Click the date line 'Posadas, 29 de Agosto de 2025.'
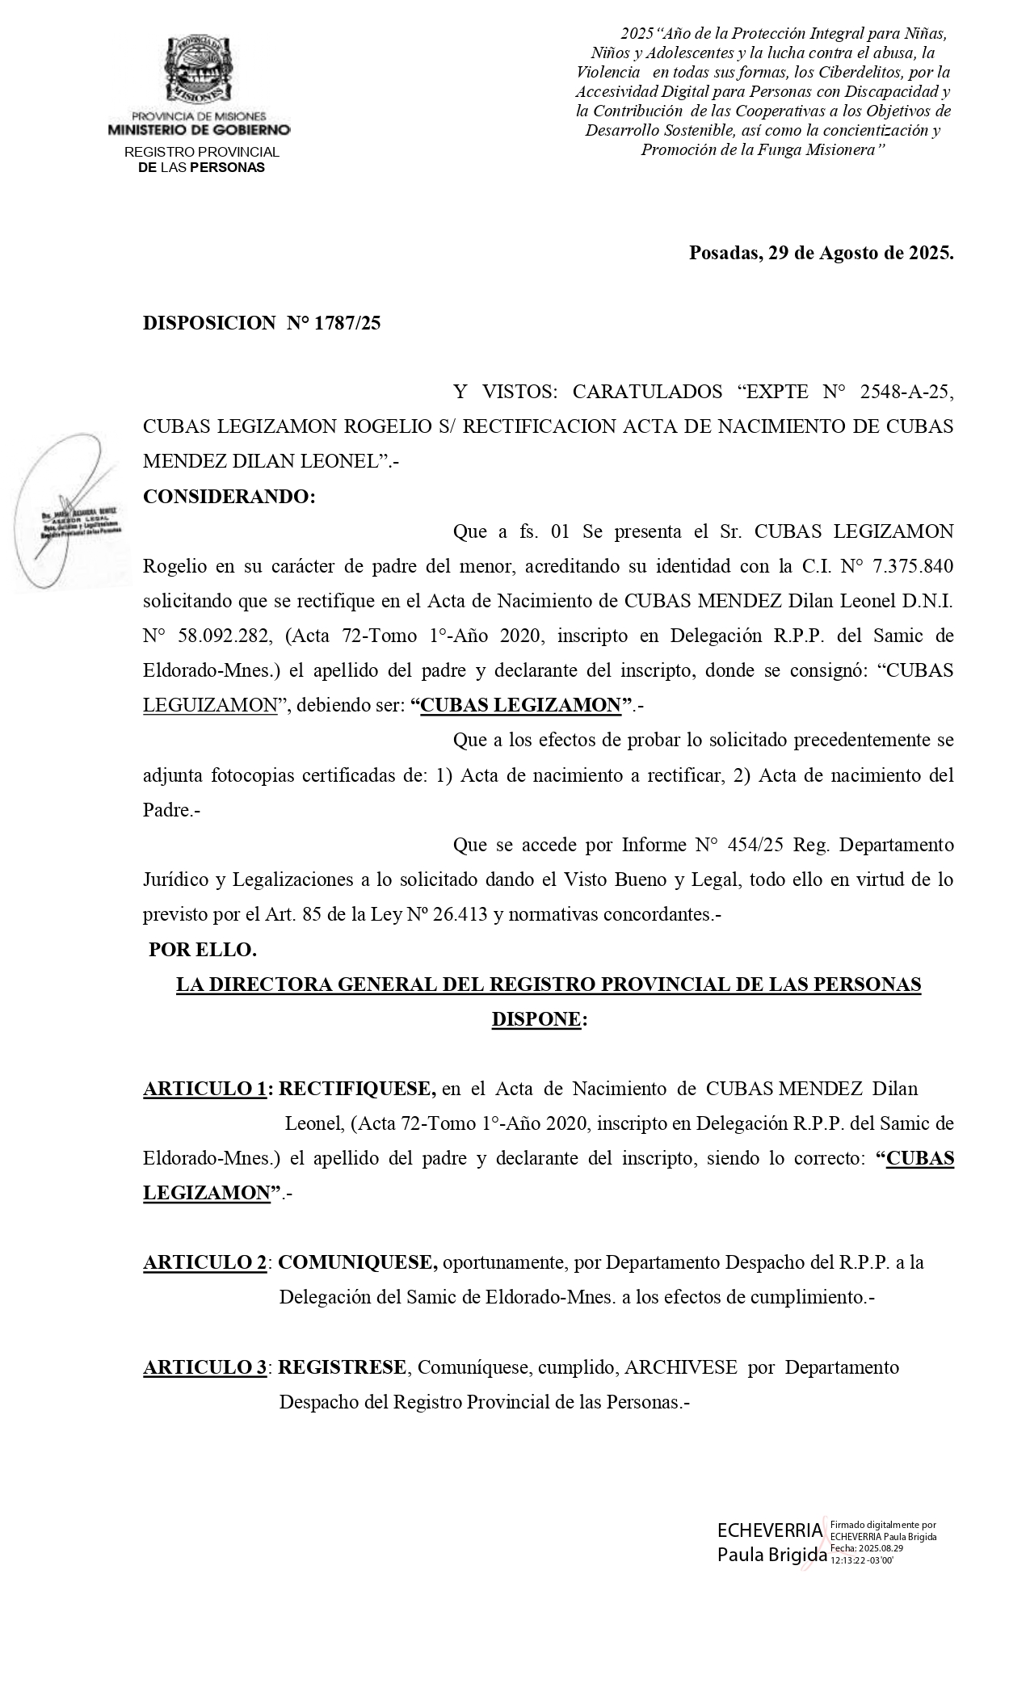click(821, 253)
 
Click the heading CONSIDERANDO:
click(229, 497)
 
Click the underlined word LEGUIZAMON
click(210, 705)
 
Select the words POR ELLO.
click(203, 950)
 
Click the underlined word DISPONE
click(536, 1019)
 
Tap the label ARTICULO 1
click(204, 1089)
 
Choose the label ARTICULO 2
click(204, 1262)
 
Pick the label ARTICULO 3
click(204, 1367)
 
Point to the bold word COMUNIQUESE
click(357, 1262)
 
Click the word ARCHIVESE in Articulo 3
click(680, 1367)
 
